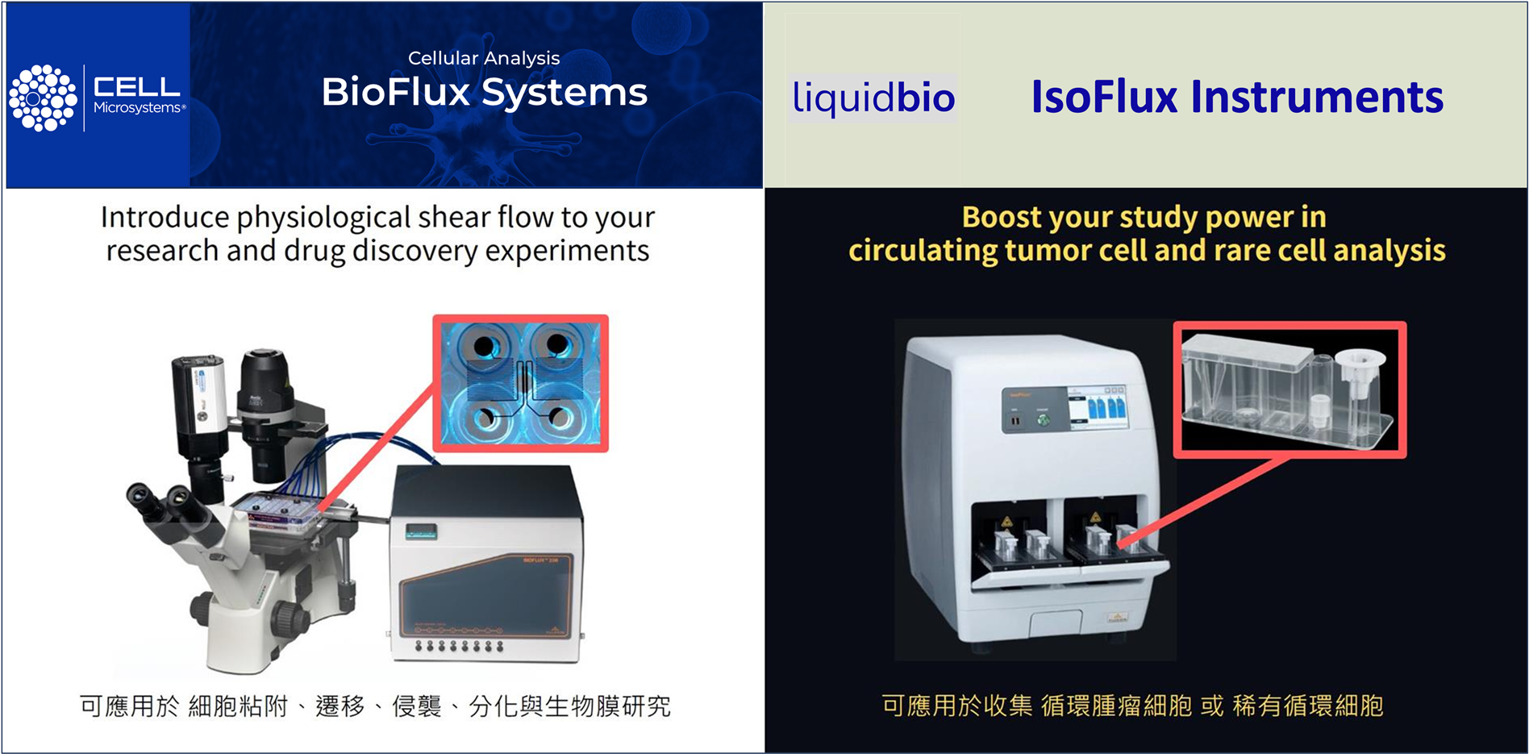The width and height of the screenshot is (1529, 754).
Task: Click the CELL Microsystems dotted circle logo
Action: coord(43,98)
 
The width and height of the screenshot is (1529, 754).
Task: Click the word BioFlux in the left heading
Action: coord(395,92)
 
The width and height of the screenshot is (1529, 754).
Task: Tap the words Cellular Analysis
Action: coord(483,58)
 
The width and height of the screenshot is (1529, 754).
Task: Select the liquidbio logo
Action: coord(873,98)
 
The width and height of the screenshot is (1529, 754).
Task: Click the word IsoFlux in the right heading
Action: coord(1104,97)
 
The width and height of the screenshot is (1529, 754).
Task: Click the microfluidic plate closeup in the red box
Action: coord(521,383)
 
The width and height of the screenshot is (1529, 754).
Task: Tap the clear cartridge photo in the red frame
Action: coord(1289,389)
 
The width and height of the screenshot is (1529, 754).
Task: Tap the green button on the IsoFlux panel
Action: coord(1044,419)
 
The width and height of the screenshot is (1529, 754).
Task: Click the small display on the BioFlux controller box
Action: coord(420,531)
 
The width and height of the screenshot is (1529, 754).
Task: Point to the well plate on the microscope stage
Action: coord(279,512)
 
